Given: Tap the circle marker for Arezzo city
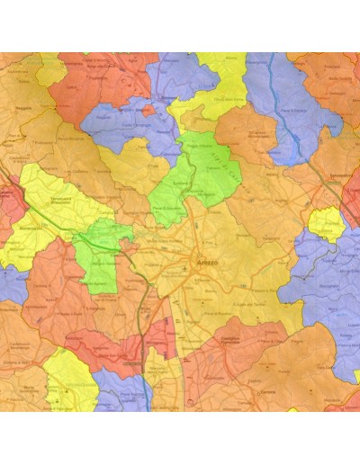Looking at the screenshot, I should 199,263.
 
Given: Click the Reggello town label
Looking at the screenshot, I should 24,103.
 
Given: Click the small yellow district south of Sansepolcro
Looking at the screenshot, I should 326,225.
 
